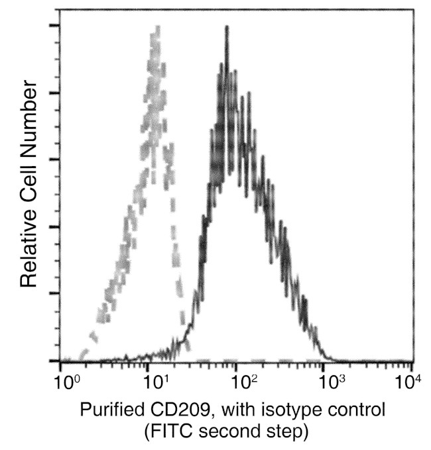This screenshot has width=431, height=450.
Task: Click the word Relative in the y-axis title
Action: (x=28, y=249)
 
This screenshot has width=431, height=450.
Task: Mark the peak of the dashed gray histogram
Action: (x=156, y=28)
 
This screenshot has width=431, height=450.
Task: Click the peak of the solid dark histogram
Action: (x=227, y=28)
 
